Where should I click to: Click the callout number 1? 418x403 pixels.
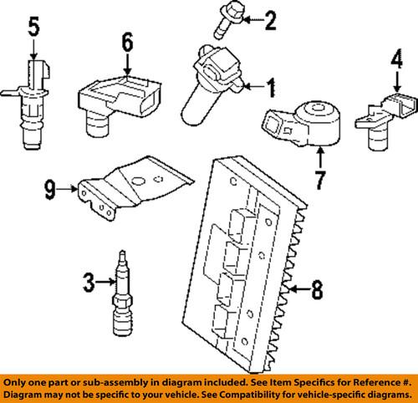(271, 84)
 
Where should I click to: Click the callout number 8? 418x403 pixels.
(317, 291)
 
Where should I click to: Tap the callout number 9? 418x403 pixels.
(49, 191)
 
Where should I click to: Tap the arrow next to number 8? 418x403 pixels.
(295, 291)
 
